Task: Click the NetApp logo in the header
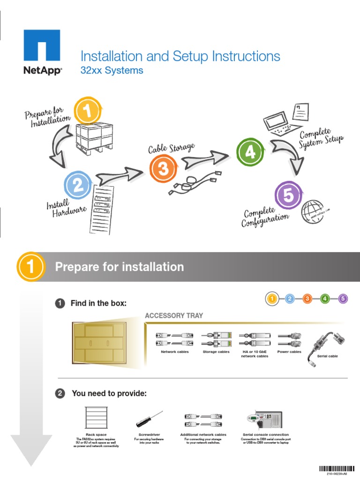42,51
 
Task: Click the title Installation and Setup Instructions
180,56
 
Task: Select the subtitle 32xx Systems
112,71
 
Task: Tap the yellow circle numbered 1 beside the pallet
88,111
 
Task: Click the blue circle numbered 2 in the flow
78,185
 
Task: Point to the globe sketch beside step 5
313,211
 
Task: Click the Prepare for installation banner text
120,267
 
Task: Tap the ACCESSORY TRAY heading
174,315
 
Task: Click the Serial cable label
327,356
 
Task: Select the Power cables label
289,352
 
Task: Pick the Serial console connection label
265,435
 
